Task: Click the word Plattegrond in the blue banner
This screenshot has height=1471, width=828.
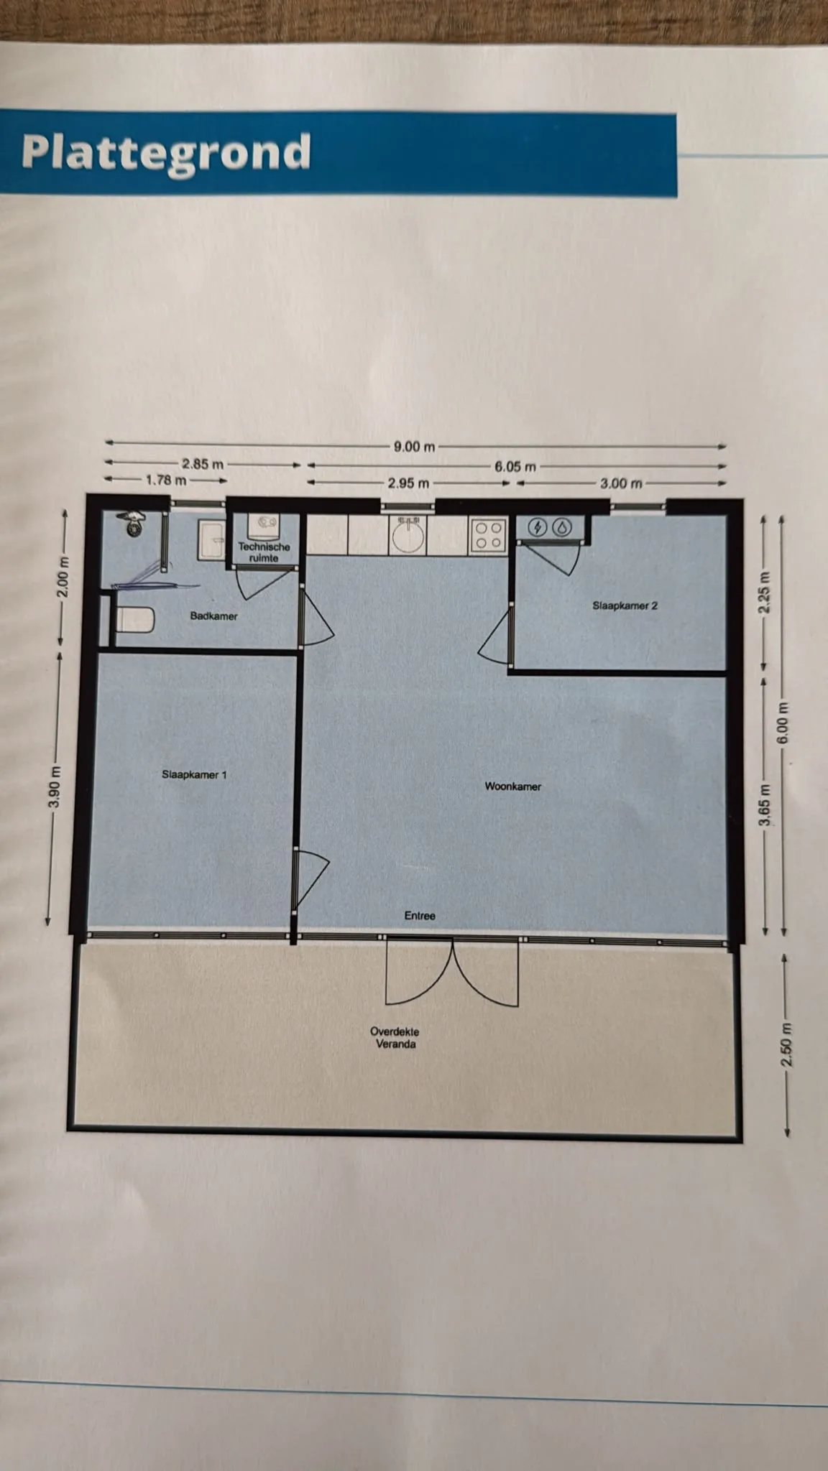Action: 166,153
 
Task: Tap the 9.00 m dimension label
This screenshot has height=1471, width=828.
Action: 415,447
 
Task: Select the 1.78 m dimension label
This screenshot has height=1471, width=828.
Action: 166,480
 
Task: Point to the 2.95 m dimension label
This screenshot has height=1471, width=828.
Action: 408,483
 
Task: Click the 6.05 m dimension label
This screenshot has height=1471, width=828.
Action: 515,467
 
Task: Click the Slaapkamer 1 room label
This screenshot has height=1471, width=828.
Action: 194,775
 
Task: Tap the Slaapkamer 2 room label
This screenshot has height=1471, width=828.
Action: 625,605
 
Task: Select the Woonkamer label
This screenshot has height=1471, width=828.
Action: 512,786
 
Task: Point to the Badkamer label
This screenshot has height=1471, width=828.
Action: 213,616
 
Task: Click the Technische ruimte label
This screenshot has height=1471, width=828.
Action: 264,552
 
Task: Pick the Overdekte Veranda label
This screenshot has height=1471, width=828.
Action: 395,1038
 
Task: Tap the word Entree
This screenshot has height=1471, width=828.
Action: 420,916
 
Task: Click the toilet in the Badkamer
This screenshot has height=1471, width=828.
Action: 134,619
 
